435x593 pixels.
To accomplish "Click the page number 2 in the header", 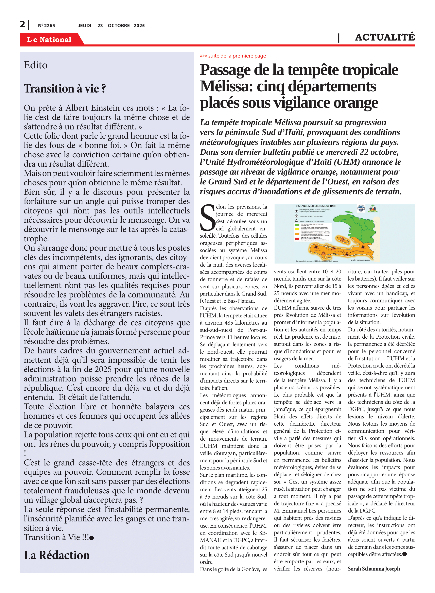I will click(x=22, y=25).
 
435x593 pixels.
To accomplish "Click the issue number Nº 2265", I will click(x=46, y=25).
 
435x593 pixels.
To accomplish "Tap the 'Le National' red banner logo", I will click(x=49, y=40).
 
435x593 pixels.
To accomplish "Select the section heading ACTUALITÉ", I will click(x=385, y=37).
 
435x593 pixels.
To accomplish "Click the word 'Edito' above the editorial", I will click(x=36, y=65).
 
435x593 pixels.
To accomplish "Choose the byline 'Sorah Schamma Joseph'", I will click(x=374, y=568).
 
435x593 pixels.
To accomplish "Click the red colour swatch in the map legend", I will click(x=297, y=239).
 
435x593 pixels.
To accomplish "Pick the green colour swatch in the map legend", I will click(x=297, y=225).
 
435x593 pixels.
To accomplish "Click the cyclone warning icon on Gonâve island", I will click(x=342, y=239).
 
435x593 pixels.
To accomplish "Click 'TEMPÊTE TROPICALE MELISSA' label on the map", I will click(x=360, y=260).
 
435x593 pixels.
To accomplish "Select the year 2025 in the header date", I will click(x=139, y=25).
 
